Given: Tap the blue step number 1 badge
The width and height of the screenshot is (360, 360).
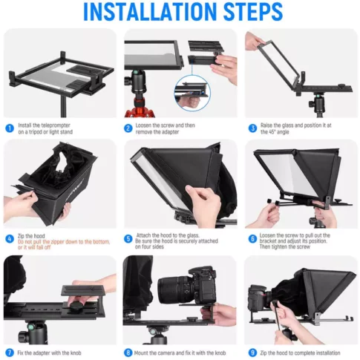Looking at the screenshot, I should click(x=9, y=128).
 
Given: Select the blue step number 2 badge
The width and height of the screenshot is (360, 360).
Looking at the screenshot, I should click(x=129, y=128).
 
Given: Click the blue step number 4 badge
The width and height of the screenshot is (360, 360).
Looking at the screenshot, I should click(x=9, y=238).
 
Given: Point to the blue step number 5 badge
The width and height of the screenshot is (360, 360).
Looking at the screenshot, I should click(x=129, y=238).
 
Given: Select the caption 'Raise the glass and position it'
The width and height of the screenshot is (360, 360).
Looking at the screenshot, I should click(x=297, y=128).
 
